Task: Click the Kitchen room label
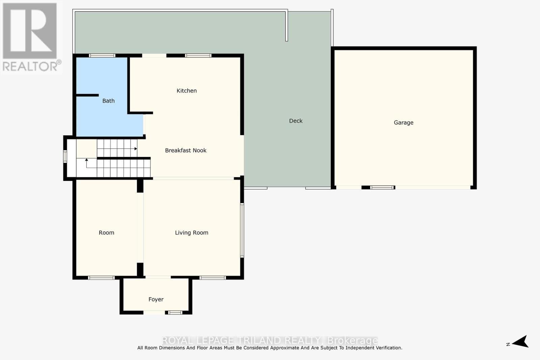[x=187, y=91]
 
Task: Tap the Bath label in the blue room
[x=108, y=101]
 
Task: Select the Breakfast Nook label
[x=186, y=150]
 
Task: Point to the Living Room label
[x=191, y=233]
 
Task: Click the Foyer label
[x=156, y=300]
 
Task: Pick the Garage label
[x=403, y=123]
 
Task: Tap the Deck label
[x=296, y=121]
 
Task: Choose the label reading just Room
[x=106, y=233]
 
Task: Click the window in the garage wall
[x=382, y=187]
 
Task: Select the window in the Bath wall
[x=102, y=56]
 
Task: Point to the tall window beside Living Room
[x=242, y=230]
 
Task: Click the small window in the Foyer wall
[x=175, y=312]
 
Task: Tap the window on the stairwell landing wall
[x=65, y=157]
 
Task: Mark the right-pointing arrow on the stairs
[x=136, y=149]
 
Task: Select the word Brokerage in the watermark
[x=353, y=340]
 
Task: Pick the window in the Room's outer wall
[x=101, y=278]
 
